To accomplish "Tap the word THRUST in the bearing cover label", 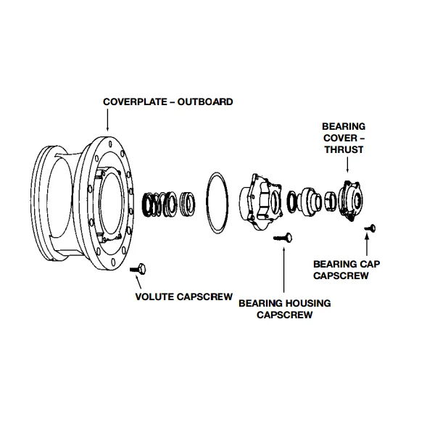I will [344, 150].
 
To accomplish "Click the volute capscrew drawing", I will [138, 270].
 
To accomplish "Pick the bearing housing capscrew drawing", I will [283, 236].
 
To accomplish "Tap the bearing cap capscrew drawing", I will [370, 228].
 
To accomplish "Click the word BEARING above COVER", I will [344, 127].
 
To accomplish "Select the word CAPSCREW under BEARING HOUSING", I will [284, 315].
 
